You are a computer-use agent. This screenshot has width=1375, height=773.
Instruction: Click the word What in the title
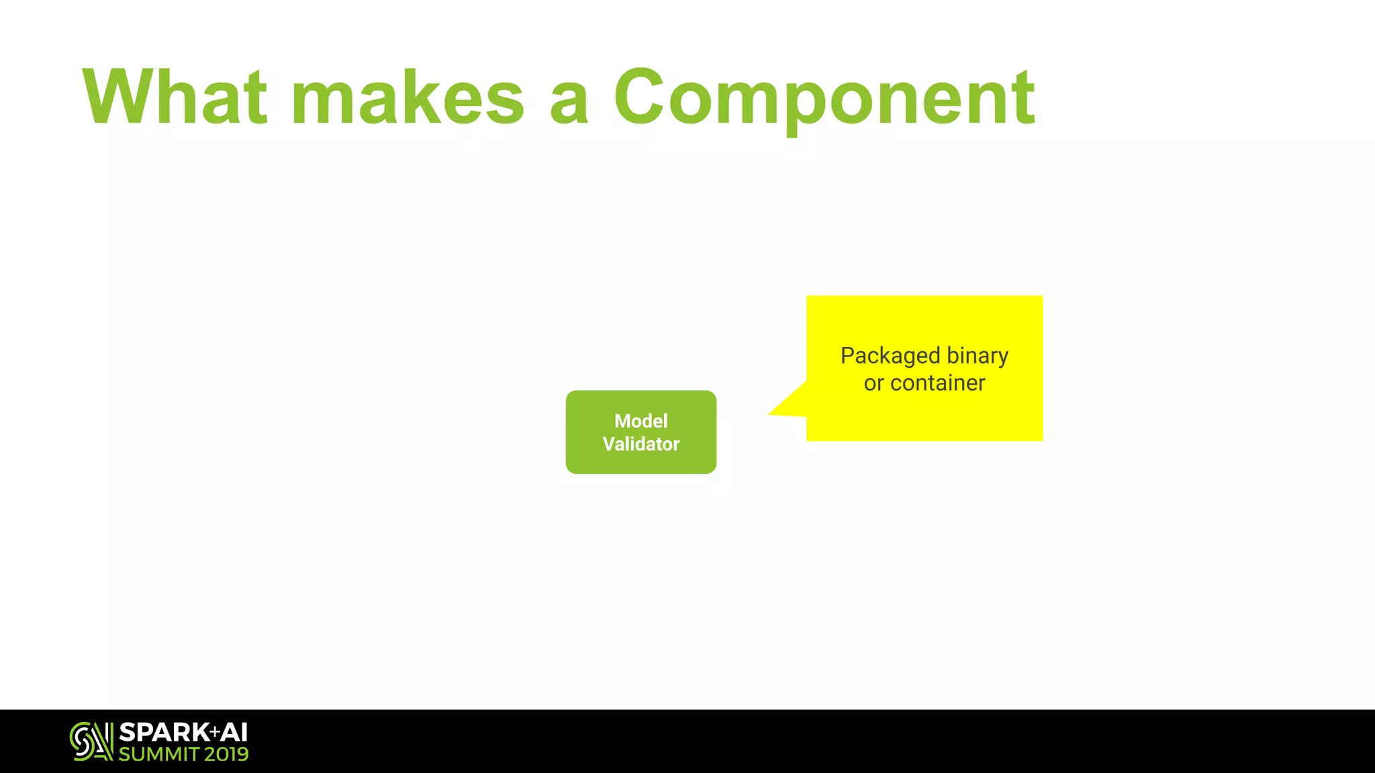(x=175, y=97)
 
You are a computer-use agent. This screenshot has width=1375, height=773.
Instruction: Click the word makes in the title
(x=408, y=97)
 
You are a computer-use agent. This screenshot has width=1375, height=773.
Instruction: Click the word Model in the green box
(x=641, y=421)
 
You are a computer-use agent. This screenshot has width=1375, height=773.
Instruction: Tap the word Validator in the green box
(x=641, y=444)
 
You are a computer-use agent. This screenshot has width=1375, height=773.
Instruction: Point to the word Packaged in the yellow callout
(x=890, y=356)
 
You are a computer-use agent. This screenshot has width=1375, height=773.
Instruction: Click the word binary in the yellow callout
(x=977, y=356)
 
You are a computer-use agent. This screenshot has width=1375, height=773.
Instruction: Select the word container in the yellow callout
(x=937, y=383)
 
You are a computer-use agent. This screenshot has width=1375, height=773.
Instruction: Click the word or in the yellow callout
(x=873, y=383)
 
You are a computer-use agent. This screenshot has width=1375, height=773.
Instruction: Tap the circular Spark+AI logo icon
(x=91, y=741)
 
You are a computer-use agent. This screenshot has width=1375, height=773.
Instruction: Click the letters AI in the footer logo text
(x=234, y=732)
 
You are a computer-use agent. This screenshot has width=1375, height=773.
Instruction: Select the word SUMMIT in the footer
(x=158, y=754)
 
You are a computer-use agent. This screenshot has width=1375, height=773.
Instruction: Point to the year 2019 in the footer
(x=226, y=754)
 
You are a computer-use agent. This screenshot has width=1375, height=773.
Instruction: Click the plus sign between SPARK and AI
(x=214, y=731)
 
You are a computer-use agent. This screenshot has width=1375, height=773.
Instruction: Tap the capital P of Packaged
(x=847, y=355)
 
